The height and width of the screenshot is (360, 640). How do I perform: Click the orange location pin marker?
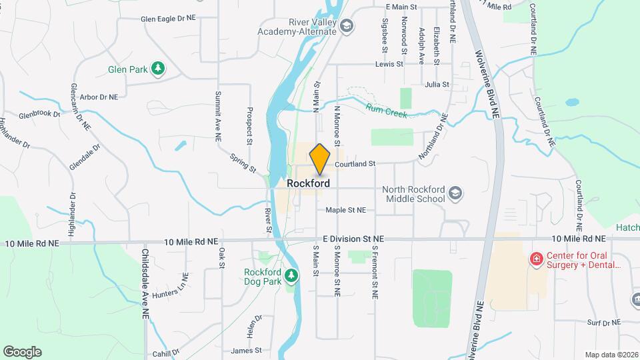point(320,159)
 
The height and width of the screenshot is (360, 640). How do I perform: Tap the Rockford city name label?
point(308,183)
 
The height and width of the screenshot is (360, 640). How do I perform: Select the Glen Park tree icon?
point(158,69)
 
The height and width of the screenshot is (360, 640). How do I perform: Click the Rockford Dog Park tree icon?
point(291,275)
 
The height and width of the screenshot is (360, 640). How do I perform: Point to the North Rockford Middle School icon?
point(455,194)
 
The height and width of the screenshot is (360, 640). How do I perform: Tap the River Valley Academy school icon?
point(346,27)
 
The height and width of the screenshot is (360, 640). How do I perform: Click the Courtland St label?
point(355,163)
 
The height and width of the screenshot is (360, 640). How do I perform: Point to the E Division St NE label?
point(354,238)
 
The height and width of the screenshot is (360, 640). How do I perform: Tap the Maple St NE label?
point(346,210)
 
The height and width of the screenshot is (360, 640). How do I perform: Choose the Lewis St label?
point(389,65)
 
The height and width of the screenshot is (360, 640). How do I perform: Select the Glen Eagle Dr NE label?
point(169,19)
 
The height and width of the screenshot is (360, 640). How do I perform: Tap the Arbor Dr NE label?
point(99,97)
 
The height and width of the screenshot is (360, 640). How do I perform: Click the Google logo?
point(22,352)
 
